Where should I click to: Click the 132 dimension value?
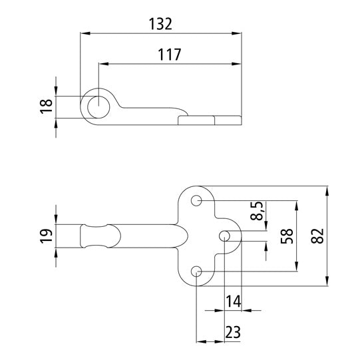pyautogui.click(x=160, y=23)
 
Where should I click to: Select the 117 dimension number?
pyautogui.click(x=169, y=55)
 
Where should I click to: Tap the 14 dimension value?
pyautogui.click(x=233, y=301)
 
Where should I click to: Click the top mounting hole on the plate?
pyautogui.click(x=197, y=200)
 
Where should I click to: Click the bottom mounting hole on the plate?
pyautogui.click(x=197, y=271)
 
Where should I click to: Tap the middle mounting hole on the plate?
pyautogui.click(x=225, y=236)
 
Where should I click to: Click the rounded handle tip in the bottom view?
pyautogui.click(x=83, y=236)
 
